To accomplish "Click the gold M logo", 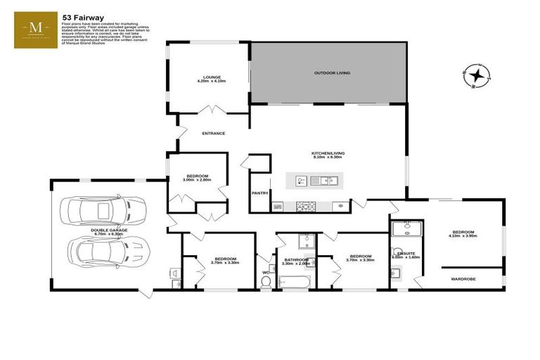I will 37,30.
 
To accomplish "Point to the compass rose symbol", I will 477,75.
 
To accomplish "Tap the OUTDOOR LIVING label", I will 332,73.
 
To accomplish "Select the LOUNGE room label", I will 212,77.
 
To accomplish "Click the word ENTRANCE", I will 214,133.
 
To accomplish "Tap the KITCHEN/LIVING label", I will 328,153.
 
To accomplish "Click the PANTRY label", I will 259,192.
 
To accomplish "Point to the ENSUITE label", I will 406,252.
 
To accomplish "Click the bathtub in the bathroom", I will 295,281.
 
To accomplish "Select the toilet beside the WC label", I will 266,281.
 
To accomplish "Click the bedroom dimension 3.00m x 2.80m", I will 197,181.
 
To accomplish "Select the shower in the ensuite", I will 405,229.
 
